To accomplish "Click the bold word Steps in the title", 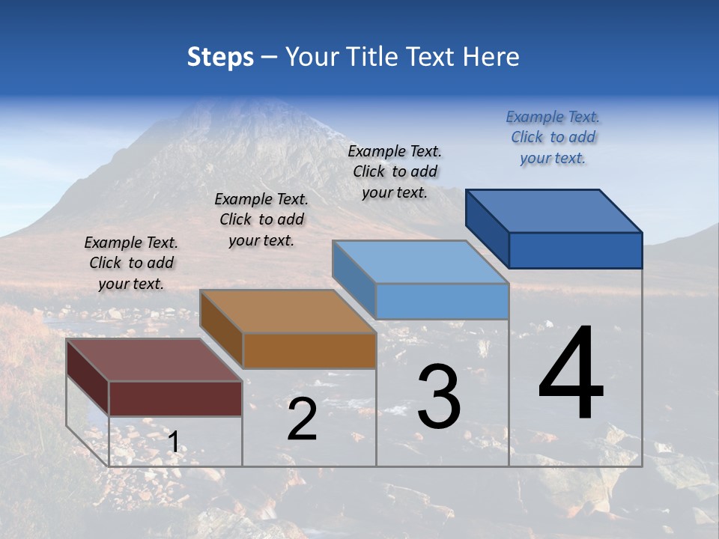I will (220, 57).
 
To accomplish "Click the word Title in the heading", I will (371, 57).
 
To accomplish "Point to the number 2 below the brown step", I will (302, 419).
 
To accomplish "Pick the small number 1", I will (173, 442).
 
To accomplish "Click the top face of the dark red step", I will (154, 359).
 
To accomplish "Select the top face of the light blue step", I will (419, 262).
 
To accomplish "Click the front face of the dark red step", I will (175, 398).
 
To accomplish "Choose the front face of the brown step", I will (309, 350).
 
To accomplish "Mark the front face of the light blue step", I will (442, 301).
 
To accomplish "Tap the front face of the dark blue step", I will (575, 250).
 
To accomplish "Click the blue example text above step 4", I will (553, 137).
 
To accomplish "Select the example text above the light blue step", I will (395, 171).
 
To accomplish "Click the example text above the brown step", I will (261, 219).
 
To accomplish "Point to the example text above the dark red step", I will (131, 263).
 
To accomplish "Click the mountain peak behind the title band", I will (247, 105).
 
